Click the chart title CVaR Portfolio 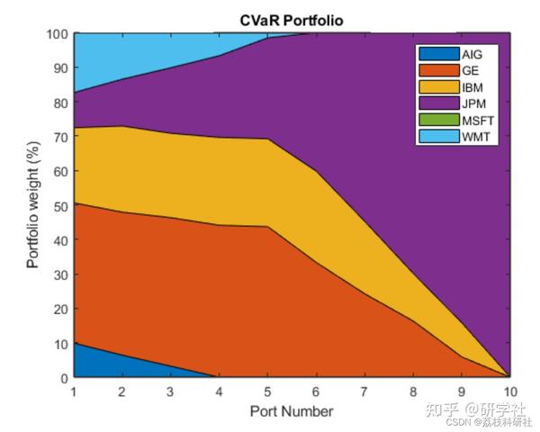[x=291, y=20]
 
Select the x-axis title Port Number [x=292, y=411]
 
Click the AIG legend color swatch [x=437, y=54]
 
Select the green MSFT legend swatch [x=437, y=119]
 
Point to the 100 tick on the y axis [x=57, y=34]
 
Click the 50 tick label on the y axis [x=59, y=206]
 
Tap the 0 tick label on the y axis [x=63, y=378]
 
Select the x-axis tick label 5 [x=266, y=392]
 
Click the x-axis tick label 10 [x=509, y=392]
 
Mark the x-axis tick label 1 [x=73, y=392]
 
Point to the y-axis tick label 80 [x=59, y=103]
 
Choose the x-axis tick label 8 [x=413, y=392]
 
